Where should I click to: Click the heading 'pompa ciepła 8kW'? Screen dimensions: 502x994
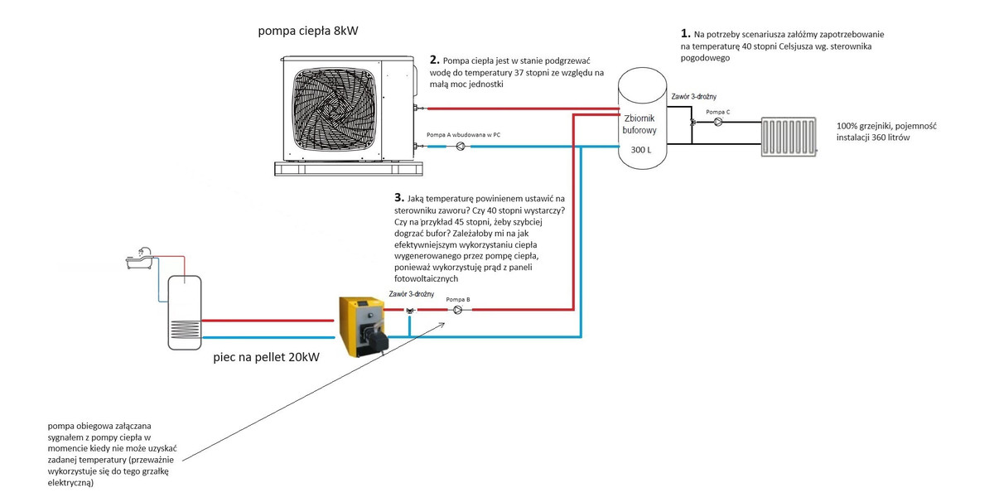[309, 32]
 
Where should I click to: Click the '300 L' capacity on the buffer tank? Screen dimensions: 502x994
[642, 150]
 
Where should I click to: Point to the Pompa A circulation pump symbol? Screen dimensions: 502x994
[460, 147]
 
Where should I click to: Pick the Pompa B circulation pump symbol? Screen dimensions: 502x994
[457, 310]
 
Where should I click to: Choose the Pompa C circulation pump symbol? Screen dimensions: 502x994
[717, 122]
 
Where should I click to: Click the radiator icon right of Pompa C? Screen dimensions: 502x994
[789, 136]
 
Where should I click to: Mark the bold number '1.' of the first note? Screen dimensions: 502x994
[685, 34]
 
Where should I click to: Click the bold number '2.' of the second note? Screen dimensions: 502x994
[435, 60]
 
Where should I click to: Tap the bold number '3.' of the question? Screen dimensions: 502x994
[399, 199]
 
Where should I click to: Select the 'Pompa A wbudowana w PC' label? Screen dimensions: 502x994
[463, 134]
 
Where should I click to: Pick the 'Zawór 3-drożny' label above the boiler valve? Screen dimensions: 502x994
[411, 295]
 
